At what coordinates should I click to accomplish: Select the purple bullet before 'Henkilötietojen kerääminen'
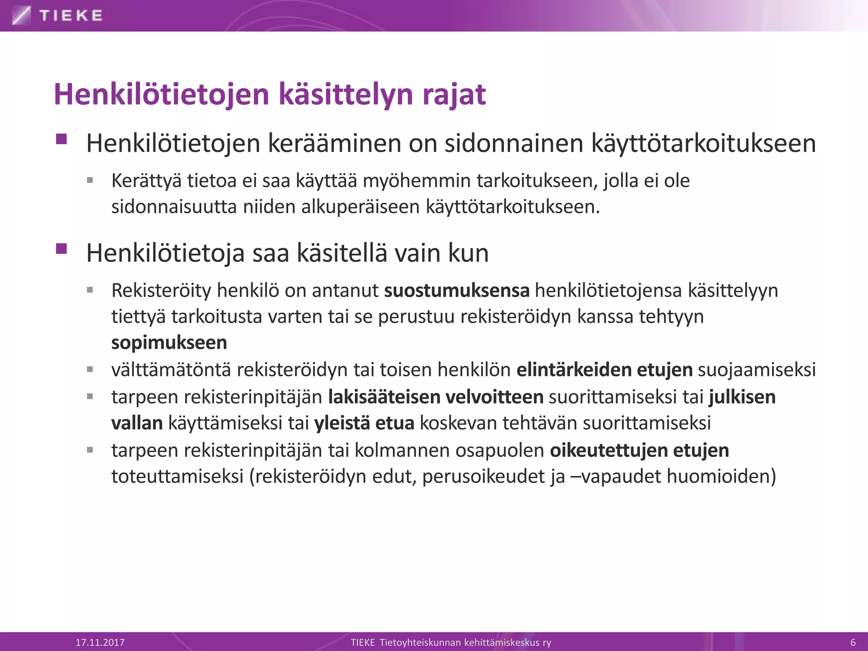(x=61, y=139)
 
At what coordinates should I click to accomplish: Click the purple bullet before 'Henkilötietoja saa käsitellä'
(x=61, y=248)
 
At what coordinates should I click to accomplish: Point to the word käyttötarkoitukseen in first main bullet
(x=703, y=144)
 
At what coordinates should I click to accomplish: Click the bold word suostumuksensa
(x=456, y=291)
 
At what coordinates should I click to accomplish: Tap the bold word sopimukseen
(x=169, y=342)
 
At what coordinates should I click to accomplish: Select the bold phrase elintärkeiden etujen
(x=604, y=370)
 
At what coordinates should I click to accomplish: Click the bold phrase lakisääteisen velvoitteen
(x=436, y=397)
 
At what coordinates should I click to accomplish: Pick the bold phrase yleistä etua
(x=364, y=423)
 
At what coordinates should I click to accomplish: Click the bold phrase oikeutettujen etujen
(x=639, y=450)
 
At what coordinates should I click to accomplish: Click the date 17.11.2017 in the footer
(x=100, y=642)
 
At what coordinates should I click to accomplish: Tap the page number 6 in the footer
(x=853, y=642)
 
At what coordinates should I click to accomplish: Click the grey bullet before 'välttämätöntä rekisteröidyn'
(x=90, y=370)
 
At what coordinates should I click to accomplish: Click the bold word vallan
(x=137, y=423)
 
